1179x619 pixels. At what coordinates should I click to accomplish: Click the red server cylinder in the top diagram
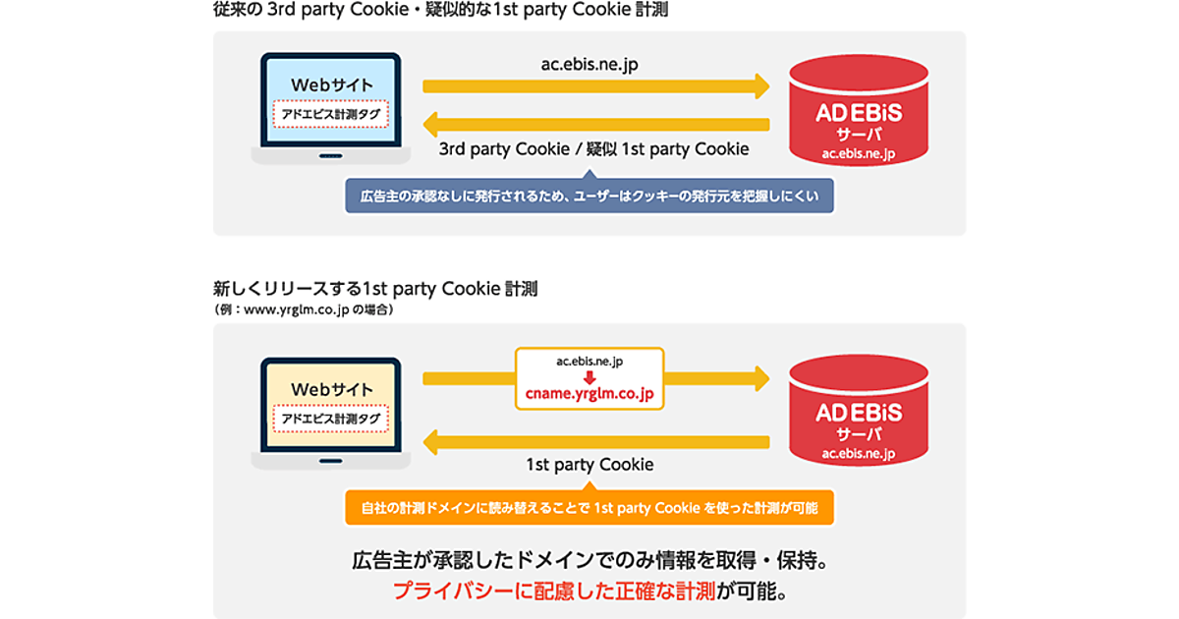[859, 110]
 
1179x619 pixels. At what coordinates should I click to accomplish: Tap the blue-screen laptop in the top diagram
[330, 108]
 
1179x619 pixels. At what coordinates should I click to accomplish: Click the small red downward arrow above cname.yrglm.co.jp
[589, 377]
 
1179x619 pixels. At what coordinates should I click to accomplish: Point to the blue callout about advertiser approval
[589, 195]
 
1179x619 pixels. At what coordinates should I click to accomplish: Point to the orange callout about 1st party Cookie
[589, 507]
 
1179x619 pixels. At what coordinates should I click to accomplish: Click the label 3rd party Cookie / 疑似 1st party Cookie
[593, 149]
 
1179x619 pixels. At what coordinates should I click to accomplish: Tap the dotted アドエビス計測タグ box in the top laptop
[330, 113]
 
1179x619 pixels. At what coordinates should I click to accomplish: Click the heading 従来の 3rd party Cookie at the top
[433, 11]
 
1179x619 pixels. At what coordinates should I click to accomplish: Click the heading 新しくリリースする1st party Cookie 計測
[375, 290]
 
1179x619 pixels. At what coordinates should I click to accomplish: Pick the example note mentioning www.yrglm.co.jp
[304, 309]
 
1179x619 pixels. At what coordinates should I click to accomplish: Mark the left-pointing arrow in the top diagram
[594, 125]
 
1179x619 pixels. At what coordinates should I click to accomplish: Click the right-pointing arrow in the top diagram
[595, 86]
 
